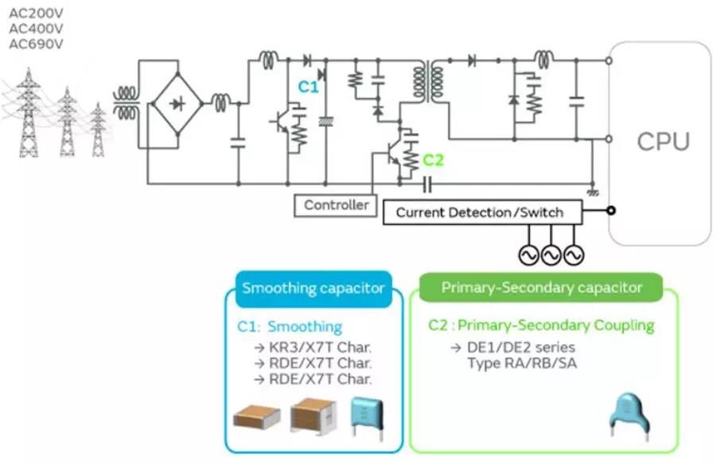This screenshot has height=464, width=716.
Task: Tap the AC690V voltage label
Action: click(36, 44)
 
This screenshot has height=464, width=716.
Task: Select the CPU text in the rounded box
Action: click(663, 142)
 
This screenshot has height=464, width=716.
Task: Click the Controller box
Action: click(337, 205)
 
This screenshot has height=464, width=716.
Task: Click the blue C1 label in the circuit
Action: click(308, 87)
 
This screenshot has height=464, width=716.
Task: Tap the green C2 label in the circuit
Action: click(433, 160)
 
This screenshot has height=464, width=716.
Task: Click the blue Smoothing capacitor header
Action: click(313, 288)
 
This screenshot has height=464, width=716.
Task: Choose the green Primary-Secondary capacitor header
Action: click(542, 288)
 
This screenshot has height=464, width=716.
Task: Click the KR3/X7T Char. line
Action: click(312, 347)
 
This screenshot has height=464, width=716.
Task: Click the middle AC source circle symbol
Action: click(551, 254)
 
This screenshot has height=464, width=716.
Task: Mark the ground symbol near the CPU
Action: click(592, 191)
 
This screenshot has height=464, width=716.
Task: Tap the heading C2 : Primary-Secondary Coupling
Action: click(541, 325)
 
